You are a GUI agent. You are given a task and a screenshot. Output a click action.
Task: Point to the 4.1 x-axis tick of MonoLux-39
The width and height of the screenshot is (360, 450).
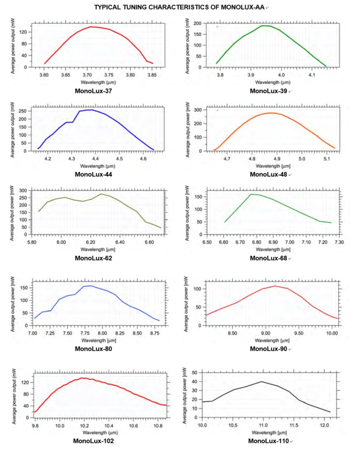click(312, 75)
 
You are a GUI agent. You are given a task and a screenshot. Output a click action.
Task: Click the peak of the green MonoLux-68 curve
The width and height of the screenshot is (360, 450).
click(251, 194)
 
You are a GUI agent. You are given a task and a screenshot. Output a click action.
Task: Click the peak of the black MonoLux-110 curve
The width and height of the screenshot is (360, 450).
click(262, 381)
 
